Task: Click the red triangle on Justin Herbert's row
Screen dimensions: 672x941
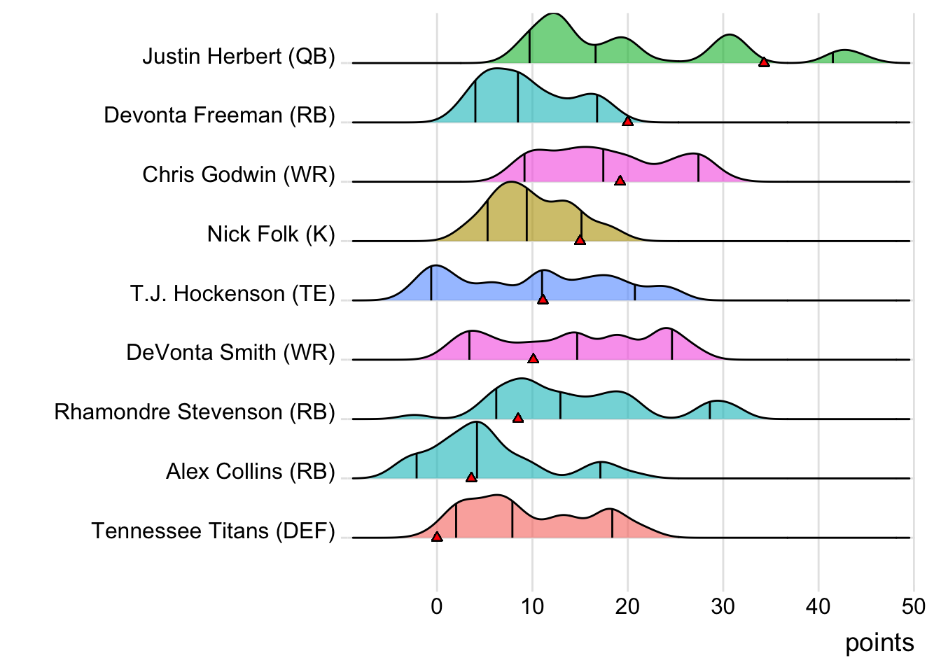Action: pyautogui.click(x=764, y=62)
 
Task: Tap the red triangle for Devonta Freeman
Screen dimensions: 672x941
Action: pyautogui.click(x=627, y=121)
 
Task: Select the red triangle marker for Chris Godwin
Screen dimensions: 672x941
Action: pyautogui.click(x=620, y=181)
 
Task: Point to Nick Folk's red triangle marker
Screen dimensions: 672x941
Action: pyautogui.click(x=580, y=240)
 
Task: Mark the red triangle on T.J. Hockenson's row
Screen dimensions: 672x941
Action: pyautogui.click(x=543, y=300)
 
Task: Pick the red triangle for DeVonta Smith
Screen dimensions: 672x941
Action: pyautogui.click(x=533, y=358)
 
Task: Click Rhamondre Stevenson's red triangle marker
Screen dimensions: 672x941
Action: pyautogui.click(x=518, y=418)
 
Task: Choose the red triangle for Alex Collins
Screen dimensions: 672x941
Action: pyautogui.click(x=471, y=477)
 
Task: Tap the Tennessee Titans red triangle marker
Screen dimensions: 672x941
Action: pyautogui.click(x=437, y=537)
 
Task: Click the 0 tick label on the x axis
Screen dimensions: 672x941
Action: pyautogui.click(x=437, y=606)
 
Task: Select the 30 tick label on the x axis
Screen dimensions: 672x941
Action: pyautogui.click(x=723, y=606)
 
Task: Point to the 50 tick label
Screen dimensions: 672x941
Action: pyautogui.click(x=913, y=606)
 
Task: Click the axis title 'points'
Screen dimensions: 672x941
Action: pyautogui.click(x=879, y=643)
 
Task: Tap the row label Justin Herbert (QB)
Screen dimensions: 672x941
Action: pyautogui.click(x=239, y=56)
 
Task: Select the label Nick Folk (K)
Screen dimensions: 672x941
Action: pyautogui.click(x=271, y=234)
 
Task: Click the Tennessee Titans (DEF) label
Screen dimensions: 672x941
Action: pyautogui.click(x=213, y=531)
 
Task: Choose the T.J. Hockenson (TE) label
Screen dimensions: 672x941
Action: pyautogui.click(x=232, y=293)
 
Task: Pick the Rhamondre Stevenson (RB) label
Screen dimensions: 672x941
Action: pyautogui.click(x=195, y=412)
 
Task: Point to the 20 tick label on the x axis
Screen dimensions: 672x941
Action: pyautogui.click(x=627, y=606)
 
